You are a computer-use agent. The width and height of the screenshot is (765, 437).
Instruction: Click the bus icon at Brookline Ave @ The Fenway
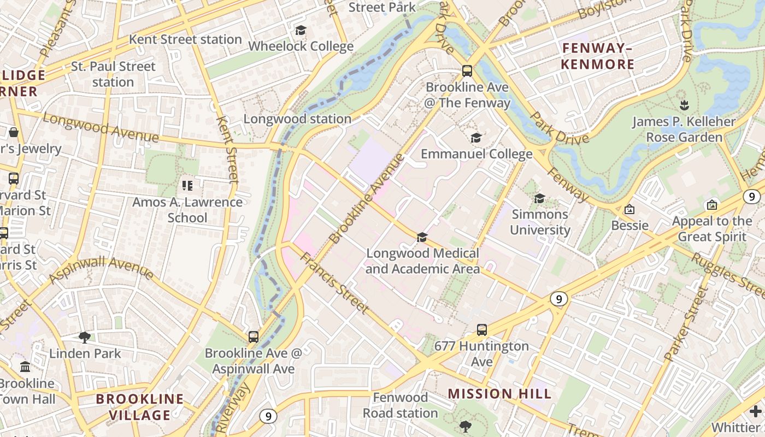pos(467,70)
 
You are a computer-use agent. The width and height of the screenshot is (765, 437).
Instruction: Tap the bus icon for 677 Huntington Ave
pos(481,329)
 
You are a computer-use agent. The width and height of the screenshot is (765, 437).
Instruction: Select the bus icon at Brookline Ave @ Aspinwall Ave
pos(254,336)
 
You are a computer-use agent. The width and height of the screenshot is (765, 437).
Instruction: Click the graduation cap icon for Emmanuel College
pos(476,138)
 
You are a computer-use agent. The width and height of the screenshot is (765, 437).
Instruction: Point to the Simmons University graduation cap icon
pos(539,198)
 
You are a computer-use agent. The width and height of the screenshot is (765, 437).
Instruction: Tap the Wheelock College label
pos(301,46)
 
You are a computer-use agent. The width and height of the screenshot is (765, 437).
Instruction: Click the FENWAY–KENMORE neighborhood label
pos(597,56)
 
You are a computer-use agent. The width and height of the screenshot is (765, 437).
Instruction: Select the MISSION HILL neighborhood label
pos(499,394)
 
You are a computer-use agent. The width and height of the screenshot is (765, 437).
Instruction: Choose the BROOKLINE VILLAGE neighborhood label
pos(139,407)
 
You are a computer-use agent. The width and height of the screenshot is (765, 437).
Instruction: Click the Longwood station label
pos(297,119)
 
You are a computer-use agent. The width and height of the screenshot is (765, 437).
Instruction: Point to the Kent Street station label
pos(185,39)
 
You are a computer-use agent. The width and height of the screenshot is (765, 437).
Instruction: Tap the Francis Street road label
pos(334,282)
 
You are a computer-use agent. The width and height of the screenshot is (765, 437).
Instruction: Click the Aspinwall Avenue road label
pos(102,270)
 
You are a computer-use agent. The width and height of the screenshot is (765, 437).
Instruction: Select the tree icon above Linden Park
pos(85,337)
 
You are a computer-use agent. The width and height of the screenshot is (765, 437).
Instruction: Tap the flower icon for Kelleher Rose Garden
pos(684,104)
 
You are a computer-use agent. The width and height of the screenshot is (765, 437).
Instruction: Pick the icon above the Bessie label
pos(629,209)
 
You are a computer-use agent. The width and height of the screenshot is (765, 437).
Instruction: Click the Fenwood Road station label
pos(401,405)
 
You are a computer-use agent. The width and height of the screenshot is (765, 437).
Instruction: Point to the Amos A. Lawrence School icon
pos(187,186)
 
